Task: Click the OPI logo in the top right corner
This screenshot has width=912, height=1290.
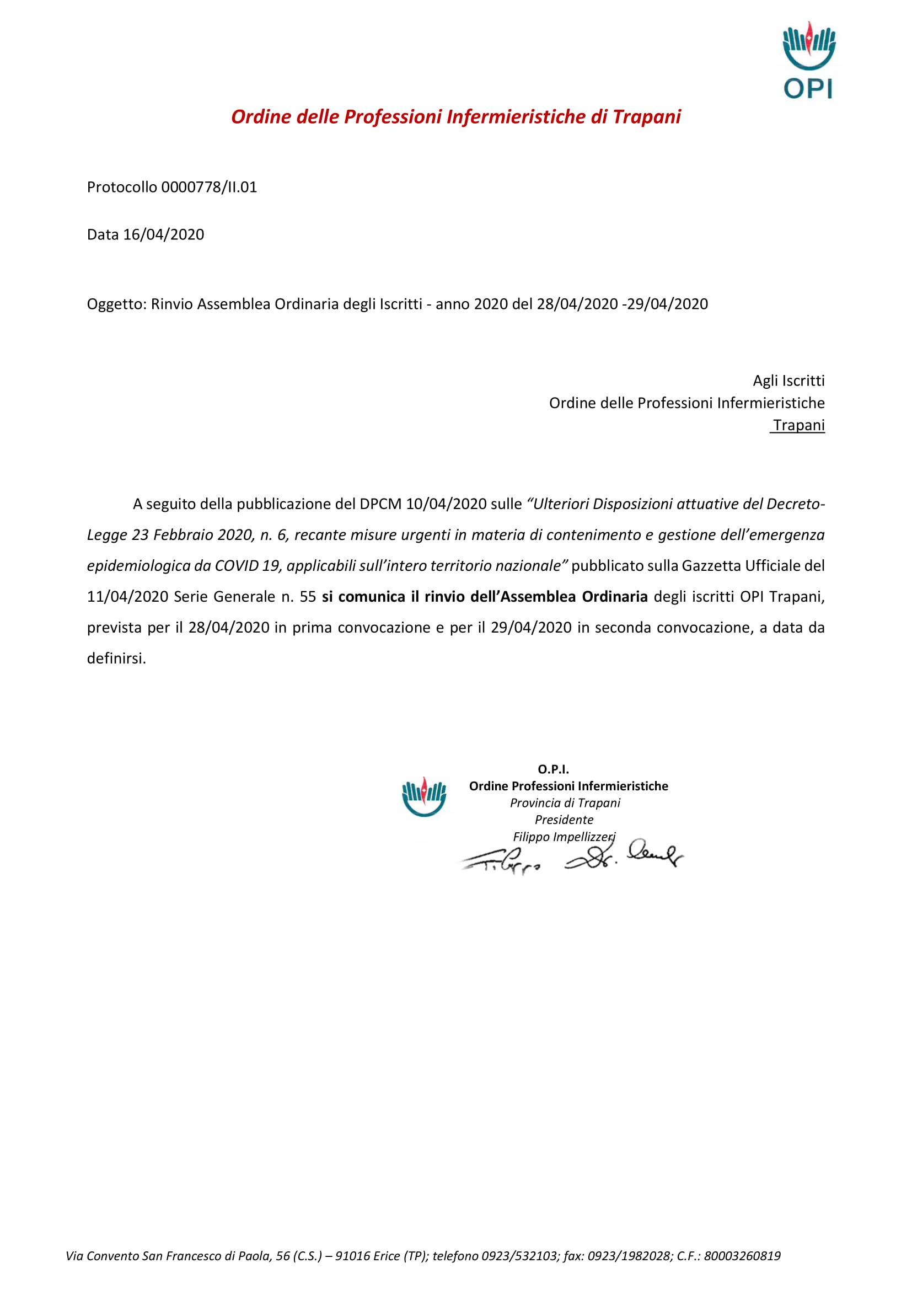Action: click(x=809, y=60)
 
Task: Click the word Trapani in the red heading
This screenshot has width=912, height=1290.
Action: click(x=646, y=117)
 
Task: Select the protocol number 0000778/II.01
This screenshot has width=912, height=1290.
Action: click(x=209, y=187)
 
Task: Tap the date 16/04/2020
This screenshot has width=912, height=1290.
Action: click(x=163, y=235)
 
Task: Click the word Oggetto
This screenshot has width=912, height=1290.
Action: click(x=116, y=304)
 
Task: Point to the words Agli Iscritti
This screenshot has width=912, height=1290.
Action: click(x=788, y=381)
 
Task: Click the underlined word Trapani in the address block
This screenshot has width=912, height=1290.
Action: click(x=798, y=425)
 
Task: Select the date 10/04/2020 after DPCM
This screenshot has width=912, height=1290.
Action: click(x=446, y=504)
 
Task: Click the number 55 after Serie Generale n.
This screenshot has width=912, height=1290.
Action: click(x=308, y=597)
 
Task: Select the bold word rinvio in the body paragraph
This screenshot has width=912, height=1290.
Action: click(x=444, y=597)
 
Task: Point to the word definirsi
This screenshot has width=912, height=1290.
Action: click(x=116, y=659)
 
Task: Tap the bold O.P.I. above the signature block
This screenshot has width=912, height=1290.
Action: click(x=553, y=769)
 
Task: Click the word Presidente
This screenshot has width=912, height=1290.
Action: click(x=564, y=820)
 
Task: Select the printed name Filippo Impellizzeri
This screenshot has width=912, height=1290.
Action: click(x=564, y=837)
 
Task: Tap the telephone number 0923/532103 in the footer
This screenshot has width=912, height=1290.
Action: click(x=519, y=1256)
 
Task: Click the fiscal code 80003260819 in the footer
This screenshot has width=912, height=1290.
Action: click(x=742, y=1256)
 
